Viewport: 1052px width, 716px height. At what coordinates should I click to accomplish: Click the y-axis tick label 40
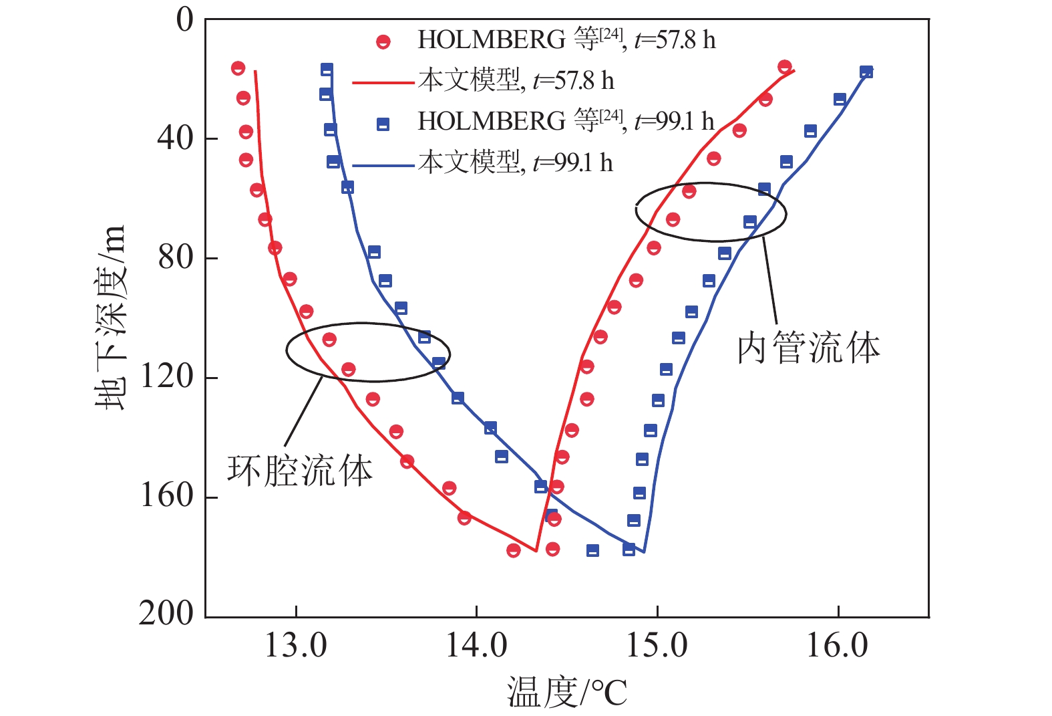coord(175,138)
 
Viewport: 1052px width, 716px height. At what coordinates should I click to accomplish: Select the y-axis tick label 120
coord(166,377)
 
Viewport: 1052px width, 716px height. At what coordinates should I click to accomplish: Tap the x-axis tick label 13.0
coord(295,646)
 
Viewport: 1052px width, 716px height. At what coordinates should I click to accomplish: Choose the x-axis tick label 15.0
coord(657,646)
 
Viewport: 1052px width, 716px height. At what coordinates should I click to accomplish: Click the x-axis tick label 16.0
coord(838,646)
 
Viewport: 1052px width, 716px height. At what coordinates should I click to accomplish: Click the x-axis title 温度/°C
coord(567,692)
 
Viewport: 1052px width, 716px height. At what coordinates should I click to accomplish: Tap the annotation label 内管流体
coord(809,349)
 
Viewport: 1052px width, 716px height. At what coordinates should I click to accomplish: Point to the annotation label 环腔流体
coord(300,471)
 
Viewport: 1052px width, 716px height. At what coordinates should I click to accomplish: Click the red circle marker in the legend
coord(383,42)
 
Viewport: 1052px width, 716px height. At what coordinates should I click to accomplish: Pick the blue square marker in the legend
coord(383,124)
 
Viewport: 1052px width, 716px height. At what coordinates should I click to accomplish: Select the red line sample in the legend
coord(383,83)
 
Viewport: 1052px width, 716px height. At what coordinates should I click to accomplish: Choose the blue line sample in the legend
coord(383,164)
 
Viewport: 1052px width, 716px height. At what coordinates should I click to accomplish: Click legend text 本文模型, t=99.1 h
coord(516,162)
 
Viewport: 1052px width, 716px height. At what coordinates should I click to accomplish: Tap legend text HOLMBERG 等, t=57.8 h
coord(566,41)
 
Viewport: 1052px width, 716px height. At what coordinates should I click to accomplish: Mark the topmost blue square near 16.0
coord(866,72)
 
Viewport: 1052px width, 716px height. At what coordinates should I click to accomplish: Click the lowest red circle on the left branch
coord(513,550)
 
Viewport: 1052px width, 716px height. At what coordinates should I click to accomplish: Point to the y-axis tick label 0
coord(184,20)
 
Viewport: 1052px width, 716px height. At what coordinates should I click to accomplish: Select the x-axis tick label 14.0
coord(476,646)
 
